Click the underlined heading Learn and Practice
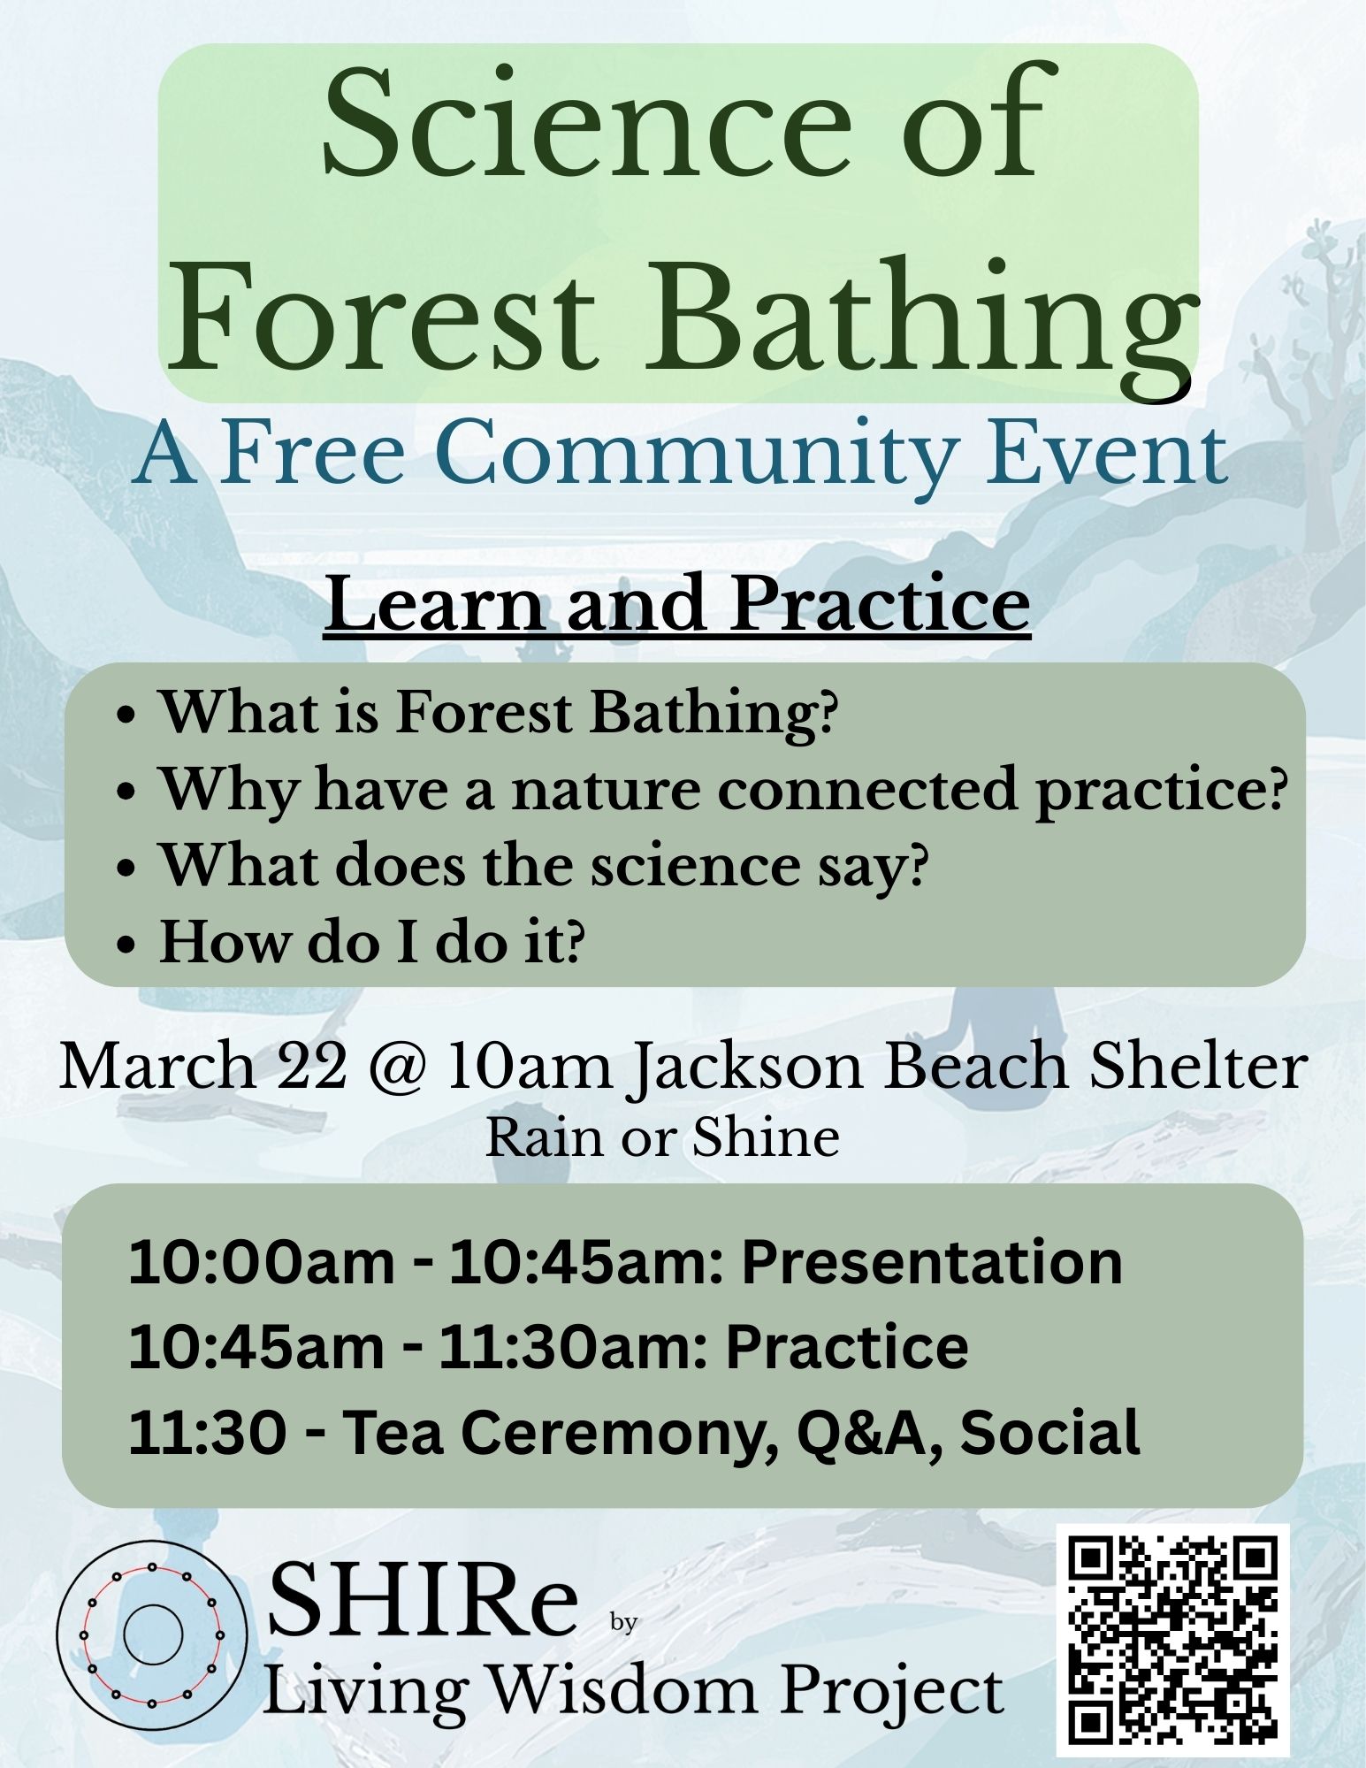coord(676,605)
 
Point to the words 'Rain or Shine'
coord(662,1138)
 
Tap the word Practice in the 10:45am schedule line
coord(847,1346)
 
